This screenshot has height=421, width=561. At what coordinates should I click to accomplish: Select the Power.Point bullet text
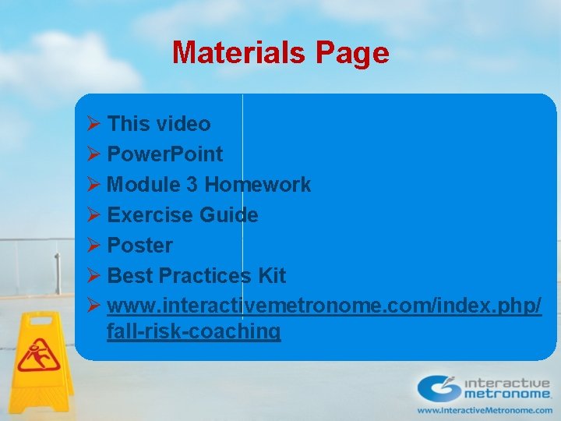(x=164, y=154)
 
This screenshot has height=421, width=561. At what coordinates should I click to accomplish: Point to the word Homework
(x=257, y=185)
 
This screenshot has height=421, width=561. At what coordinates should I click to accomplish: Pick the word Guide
(x=229, y=215)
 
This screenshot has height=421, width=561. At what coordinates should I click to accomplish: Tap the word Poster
(x=139, y=246)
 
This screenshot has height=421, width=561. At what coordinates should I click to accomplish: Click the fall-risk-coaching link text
(x=193, y=331)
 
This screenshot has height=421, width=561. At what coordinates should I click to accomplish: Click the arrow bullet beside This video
(x=93, y=124)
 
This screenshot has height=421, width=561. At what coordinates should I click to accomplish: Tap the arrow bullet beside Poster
(x=93, y=246)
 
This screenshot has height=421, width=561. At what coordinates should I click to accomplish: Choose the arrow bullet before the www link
(x=93, y=306)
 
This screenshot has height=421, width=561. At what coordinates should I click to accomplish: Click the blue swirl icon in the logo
(x=439, y=387)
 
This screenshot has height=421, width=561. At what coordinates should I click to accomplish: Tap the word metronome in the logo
(x=507, y=394)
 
